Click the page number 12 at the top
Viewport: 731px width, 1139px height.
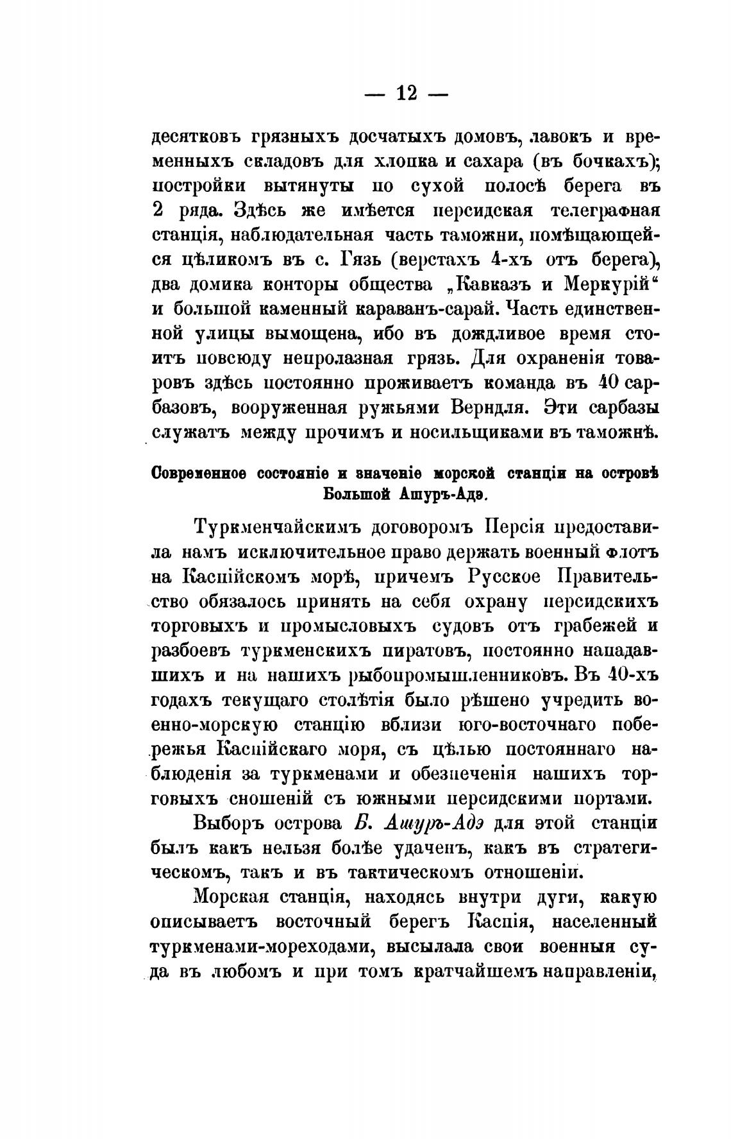coord(407,94)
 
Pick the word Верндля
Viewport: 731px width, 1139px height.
coord(493,407)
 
